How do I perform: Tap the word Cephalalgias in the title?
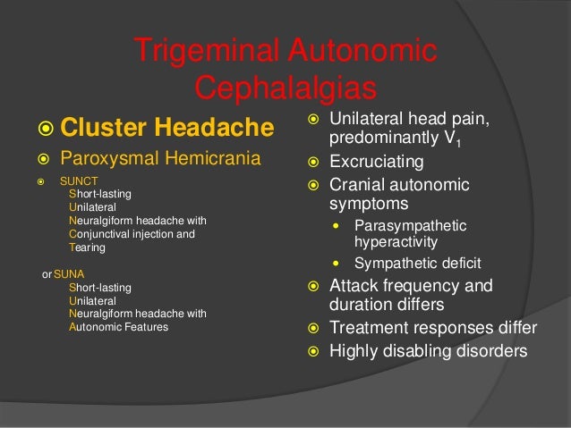[x=285, y=88]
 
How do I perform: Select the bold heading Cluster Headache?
[x=166, y=130]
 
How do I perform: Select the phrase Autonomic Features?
[x=118, y=327]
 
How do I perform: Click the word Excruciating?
[x=377, y=164]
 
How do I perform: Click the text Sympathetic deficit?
[x=417, y=264]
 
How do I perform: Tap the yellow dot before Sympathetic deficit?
[x=336, y=264]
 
